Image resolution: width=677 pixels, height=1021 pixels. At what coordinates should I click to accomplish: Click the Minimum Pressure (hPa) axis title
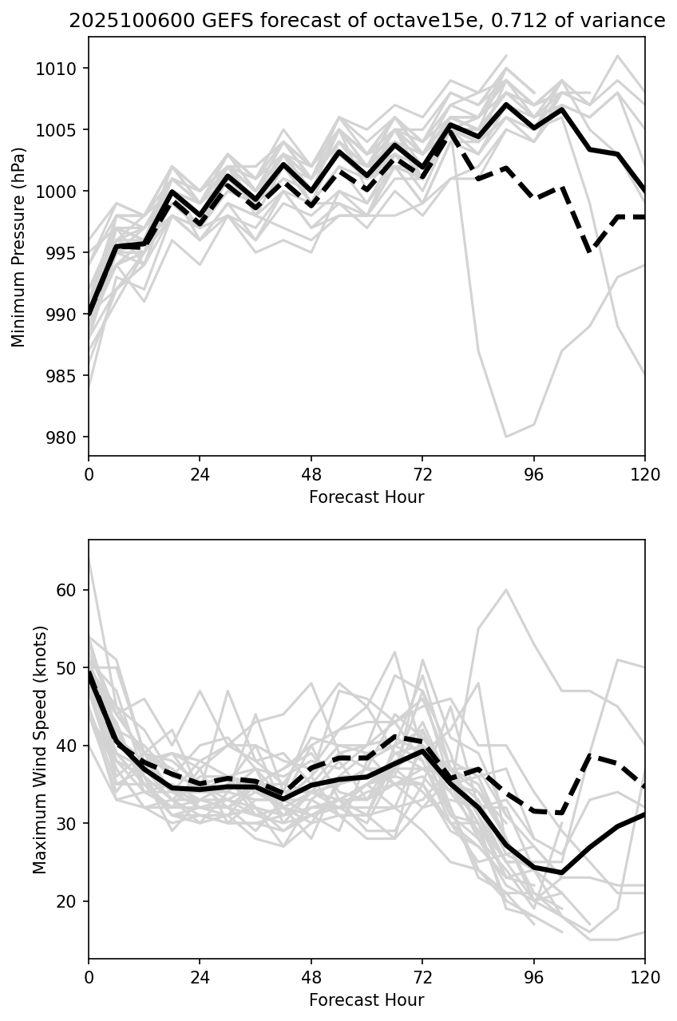point(19,247)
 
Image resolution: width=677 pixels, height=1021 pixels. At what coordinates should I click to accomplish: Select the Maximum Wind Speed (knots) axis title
point(41,749)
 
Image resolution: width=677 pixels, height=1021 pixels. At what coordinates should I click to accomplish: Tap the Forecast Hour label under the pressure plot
point(366,497)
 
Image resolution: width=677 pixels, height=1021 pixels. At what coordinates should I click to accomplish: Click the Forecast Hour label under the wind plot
point(366,1000)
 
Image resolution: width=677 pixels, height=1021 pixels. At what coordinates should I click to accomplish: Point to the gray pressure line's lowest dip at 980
point(506,437)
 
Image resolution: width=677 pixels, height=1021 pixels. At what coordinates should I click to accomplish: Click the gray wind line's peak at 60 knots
point(506,590)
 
